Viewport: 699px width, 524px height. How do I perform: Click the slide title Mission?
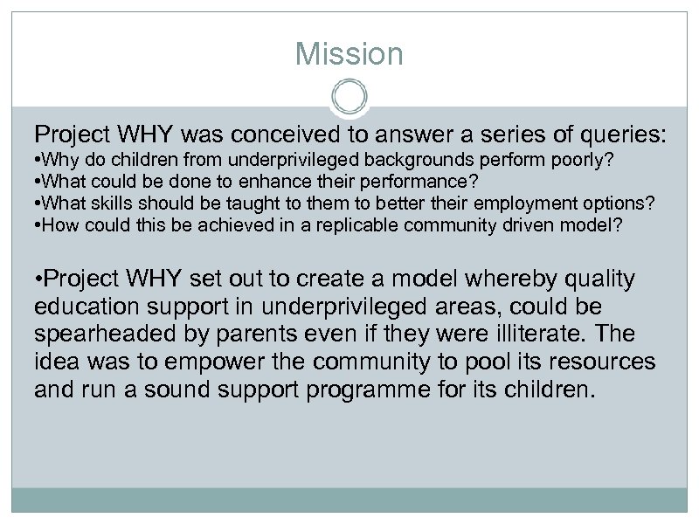(x=349, y=54)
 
